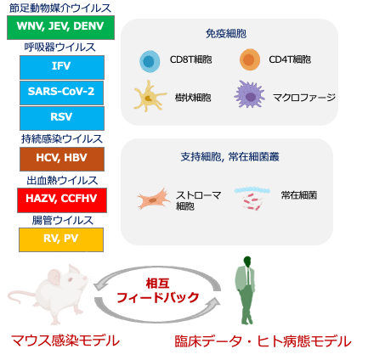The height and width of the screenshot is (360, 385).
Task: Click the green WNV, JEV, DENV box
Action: [60, 27]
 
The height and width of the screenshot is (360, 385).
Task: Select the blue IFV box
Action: [62, 67]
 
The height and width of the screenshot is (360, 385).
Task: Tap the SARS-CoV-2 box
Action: [61, 93]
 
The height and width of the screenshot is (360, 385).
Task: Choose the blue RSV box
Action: [62, 118]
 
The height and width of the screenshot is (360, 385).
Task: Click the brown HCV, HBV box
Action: [62, 159]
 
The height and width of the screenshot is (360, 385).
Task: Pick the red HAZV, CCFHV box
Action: [62, 200]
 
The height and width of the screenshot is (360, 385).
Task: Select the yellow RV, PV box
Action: [61, 239]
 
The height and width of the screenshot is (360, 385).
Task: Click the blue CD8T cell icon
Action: [150, 61]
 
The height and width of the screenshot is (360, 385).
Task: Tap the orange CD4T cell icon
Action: [250, 59]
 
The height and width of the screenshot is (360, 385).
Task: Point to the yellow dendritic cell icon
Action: [149, 96]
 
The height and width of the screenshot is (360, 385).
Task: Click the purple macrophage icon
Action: [250, 95]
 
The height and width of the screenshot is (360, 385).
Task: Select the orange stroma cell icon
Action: [154, 199]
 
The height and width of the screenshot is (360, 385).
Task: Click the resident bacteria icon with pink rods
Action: [252, 198]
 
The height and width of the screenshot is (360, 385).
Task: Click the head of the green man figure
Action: [247, 261]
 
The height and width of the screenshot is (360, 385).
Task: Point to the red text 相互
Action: [158, 283]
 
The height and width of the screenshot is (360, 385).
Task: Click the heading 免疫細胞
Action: [226, 34]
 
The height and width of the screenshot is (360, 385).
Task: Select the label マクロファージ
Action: [304, 98]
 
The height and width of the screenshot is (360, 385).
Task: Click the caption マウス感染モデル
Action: [65, 340]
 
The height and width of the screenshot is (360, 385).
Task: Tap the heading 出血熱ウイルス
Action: [62, 180]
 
